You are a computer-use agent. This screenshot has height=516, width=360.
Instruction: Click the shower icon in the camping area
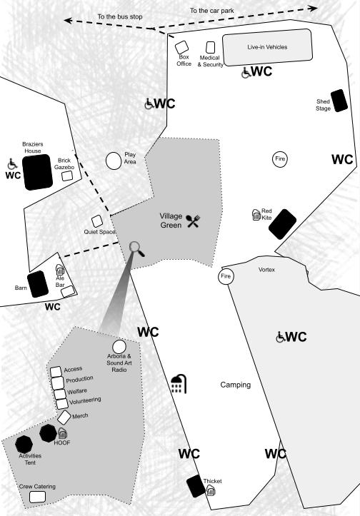click(179, 384)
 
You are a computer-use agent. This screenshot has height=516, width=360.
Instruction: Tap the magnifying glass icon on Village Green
click(136, 249)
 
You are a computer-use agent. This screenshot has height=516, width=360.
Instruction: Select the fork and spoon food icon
click(193, 221)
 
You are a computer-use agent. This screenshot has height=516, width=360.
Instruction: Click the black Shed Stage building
click(339, 101)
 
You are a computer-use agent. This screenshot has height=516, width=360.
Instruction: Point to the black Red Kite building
click(282, 224)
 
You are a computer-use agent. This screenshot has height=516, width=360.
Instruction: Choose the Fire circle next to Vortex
click(226, 276)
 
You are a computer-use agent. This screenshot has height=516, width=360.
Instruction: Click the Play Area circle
click(114, 161)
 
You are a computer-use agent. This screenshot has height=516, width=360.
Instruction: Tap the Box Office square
click(181, 47)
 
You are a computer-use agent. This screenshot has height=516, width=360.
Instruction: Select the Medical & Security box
click(210, 47)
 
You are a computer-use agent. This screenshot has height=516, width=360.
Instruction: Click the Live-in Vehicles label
click(267, 47)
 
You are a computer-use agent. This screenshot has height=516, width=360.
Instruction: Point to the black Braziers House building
click(37, 172)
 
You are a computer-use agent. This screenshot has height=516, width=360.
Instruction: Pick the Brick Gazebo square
click(67, 176)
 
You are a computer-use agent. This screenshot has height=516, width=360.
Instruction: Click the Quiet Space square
click(97, 221)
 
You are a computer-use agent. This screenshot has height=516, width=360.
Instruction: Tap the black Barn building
click(38, 284)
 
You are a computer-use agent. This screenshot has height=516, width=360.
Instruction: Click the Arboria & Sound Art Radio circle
click(119, 347)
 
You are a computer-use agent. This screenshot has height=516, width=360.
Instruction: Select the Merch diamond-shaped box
click(64, 418)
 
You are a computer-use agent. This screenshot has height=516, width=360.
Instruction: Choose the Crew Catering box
click(37, 497)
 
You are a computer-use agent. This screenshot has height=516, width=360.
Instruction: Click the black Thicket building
click(196, 486)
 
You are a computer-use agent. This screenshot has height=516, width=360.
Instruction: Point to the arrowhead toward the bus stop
click(68, 21)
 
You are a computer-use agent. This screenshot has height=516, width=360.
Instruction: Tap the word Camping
click(236, 385)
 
